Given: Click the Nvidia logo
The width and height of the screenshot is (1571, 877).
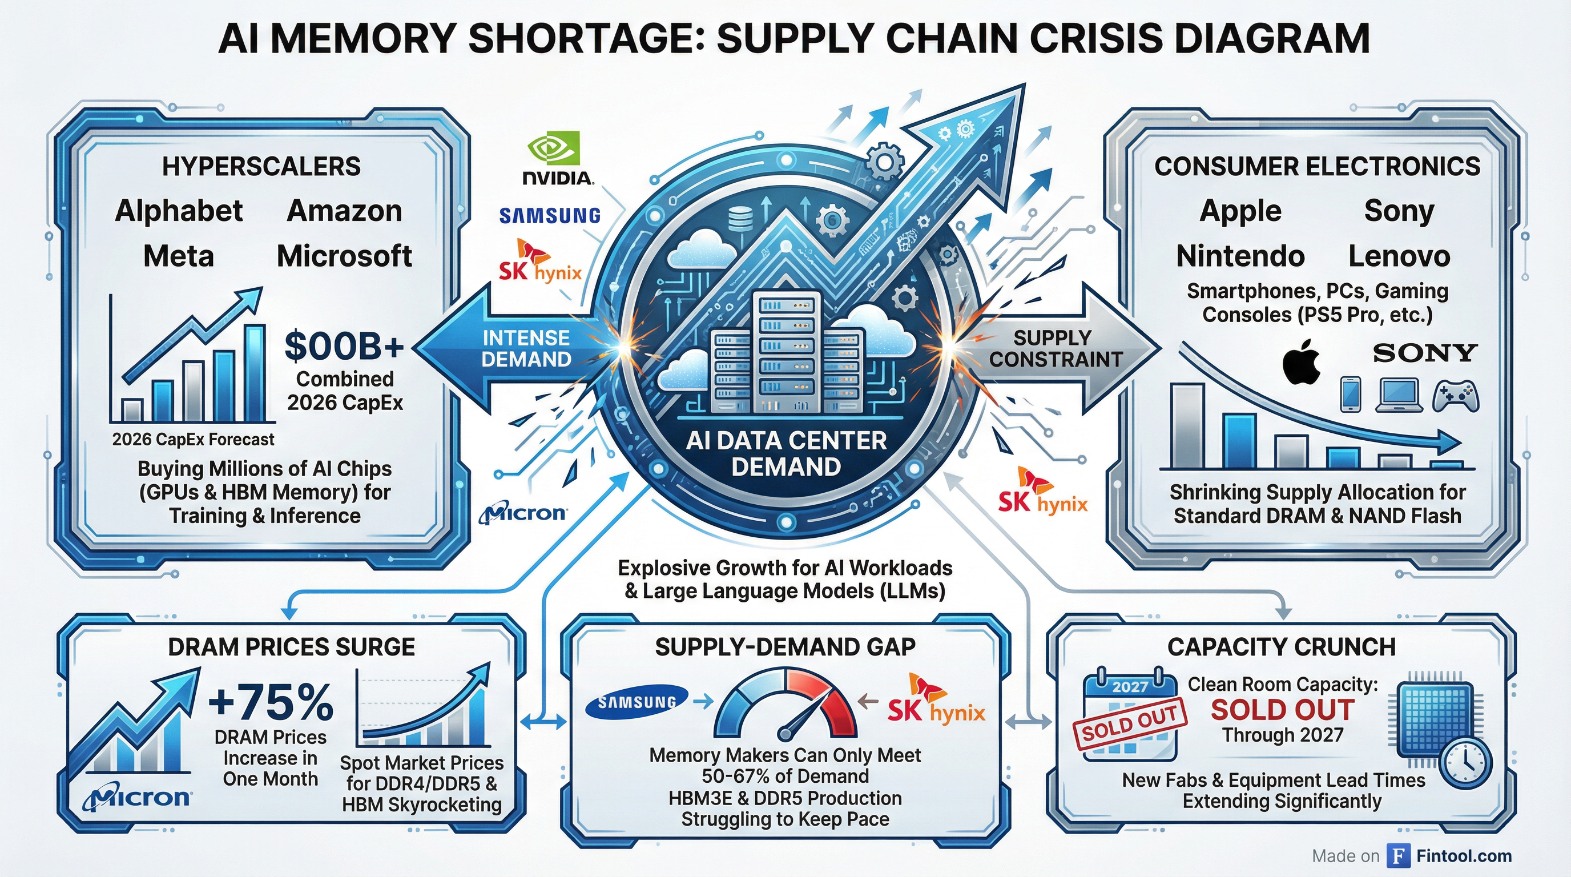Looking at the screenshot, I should pyautogui.click(x=557, y=160).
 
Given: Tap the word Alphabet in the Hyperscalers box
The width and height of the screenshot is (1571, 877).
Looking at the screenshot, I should pyautogui.click(x=179, y=211).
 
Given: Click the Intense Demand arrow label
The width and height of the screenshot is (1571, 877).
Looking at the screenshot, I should pyautogui.click(x=526, y=349).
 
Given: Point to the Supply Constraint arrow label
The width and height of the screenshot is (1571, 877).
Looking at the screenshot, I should pyautogui.click(x=1055, y=349).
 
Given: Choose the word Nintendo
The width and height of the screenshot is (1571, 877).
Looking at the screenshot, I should pyautogui.click(x=1240, y=256).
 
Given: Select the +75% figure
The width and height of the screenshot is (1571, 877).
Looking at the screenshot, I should pyautogui.click(x=271, y=701).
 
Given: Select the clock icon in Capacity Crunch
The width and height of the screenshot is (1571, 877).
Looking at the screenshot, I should pyautogui.click(x=1465, y=763).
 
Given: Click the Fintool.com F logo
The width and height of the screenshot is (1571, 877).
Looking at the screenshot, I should pyautogui.click(x=1398, y=856).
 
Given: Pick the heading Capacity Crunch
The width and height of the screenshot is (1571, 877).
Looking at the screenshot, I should pyautogui.click(x=1282, y=647).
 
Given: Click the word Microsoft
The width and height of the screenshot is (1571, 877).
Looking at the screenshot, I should pyautogui.click(x=344, y=256).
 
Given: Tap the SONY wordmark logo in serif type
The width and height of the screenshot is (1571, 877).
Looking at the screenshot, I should pyautogui.click(x=1425, y=352).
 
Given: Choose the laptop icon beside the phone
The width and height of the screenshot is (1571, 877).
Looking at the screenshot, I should pyautogui.click(x=1396, y=395).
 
